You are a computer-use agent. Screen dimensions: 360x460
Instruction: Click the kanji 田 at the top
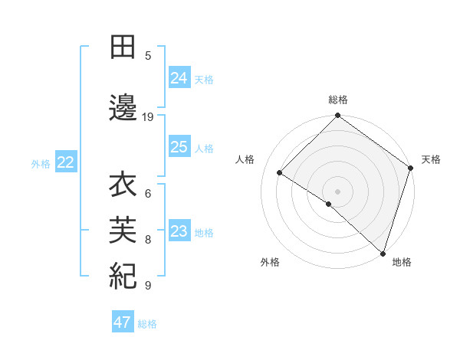pos(123,47)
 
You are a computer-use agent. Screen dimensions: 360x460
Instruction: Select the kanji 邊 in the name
pos(123,108)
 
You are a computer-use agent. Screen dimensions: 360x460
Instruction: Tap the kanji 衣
pos(123,185)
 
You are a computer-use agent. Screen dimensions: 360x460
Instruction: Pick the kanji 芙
pos(123,229)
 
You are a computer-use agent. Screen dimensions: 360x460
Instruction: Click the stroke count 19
pos(148,117)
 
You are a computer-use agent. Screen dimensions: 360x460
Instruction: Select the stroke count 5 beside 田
pos(148,55)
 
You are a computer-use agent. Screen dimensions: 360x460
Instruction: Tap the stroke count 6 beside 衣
pos(148,193)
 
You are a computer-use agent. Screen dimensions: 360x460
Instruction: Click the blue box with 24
pos(179,77)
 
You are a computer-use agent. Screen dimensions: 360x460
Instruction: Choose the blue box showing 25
pos(179,147)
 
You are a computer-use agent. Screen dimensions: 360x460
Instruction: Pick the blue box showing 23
pos(179,231)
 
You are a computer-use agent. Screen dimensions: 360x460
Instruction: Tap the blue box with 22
pos(65,162)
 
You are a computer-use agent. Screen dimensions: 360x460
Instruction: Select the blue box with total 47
pos(123,322)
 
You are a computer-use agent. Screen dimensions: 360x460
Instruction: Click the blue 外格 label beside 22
pos(41,163)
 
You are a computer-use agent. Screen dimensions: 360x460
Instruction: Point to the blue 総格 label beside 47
pos(147,324)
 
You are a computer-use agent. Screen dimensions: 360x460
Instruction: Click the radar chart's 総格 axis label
pos(338,100)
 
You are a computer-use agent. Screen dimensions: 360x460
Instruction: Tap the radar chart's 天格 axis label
pos(431,159)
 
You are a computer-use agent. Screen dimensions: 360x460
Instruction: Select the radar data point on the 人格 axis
pos(280,173)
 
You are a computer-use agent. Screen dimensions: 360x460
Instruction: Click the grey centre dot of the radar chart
pos(338,191)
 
